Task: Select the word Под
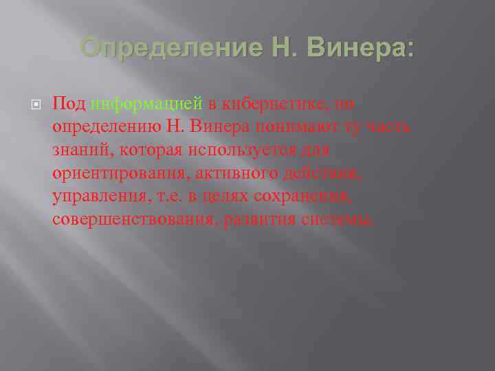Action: (69, 104)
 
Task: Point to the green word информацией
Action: (146, 104)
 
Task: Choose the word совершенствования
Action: (133, 219)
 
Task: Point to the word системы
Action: (341, 219)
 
